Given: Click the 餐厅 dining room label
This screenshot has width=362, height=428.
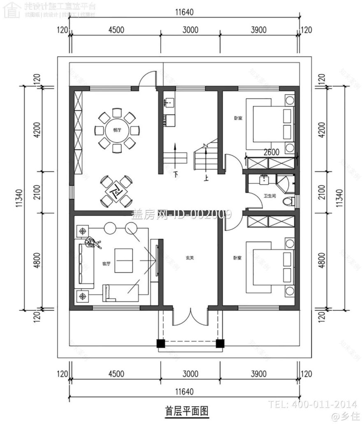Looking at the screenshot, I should pos(117,130).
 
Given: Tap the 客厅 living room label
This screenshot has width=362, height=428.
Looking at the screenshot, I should pos(106,264).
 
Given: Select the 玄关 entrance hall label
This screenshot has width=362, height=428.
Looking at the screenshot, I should pos(190,258).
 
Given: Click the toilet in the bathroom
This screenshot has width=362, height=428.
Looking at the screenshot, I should pos(290,201).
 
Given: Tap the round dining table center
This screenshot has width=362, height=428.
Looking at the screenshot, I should pos(117,130).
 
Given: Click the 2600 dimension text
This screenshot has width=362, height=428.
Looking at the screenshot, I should pos(271,152).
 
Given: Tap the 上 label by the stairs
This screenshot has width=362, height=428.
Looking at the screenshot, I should pos(205,178).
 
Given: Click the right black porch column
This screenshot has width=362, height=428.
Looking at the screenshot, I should pos(220,343).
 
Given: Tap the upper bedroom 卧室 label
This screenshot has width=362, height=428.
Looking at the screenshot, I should pos(237,118).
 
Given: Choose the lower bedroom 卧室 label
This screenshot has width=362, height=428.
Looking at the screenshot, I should pos(237,258).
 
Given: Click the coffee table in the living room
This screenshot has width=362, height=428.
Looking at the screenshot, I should pos(124,261).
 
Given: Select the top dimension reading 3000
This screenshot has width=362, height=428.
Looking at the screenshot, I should pos(190,30).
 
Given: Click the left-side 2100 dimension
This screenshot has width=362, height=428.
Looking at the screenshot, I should pos(37,192).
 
